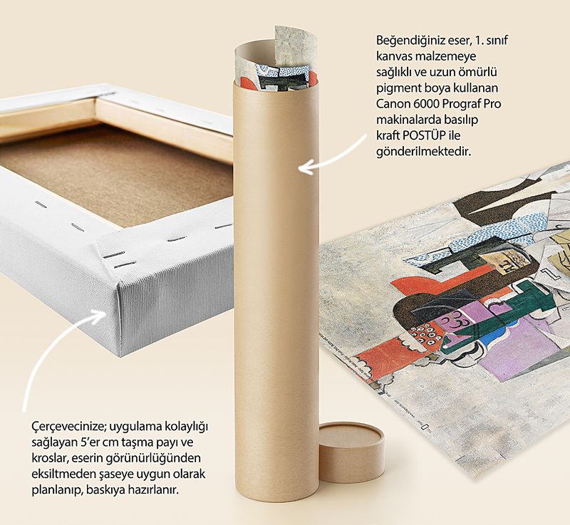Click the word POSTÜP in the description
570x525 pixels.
pos(423,135)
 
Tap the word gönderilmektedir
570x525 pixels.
pos(423,152)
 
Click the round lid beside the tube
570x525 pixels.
pos(351,451)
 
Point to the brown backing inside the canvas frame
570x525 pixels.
pos(116,171)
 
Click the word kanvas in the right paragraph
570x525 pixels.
pos(393,57)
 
